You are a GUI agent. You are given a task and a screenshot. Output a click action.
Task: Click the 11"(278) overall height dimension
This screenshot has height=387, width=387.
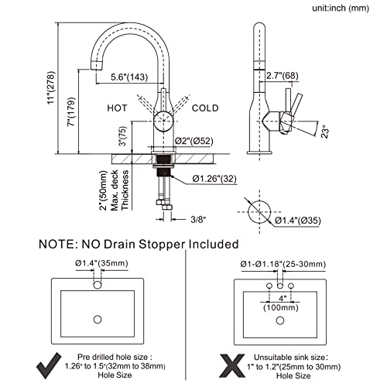click(51, 87)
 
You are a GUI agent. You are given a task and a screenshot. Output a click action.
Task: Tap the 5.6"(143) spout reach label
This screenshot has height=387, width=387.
click(129, 77)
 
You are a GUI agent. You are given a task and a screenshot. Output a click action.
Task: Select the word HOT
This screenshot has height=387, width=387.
click(117, 108)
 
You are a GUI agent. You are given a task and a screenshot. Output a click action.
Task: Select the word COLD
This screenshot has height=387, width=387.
click(205, 108)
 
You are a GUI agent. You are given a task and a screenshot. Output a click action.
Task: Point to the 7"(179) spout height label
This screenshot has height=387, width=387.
click(71, 111)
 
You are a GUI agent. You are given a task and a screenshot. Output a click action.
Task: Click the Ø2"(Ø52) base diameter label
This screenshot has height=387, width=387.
click(194, 141)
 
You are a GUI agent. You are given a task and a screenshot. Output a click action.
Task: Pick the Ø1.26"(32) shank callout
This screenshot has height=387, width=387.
click(214, 179)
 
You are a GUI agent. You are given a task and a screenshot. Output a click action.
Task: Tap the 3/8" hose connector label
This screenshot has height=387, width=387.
click(198, 220)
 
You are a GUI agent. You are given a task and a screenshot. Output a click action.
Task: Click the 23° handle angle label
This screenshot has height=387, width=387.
click(326, 132)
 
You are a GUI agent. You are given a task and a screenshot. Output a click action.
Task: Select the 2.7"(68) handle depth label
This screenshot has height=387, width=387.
click(282, 76)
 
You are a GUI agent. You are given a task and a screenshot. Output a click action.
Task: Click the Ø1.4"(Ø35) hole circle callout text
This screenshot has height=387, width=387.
click(298, 221)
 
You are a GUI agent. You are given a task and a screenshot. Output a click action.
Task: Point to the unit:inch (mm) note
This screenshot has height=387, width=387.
click(341, 9)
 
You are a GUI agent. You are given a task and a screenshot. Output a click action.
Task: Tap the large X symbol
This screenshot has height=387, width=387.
click(232, 366)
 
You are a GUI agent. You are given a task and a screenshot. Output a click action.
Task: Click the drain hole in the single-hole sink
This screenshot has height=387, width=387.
click(98, 320)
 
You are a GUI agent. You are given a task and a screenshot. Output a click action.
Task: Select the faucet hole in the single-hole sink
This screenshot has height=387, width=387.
click(98, 285)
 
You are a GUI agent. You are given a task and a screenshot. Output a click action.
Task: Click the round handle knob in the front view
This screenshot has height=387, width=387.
click(163, 121)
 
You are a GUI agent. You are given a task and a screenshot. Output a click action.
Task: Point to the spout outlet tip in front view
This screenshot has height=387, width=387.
click(96, 65)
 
